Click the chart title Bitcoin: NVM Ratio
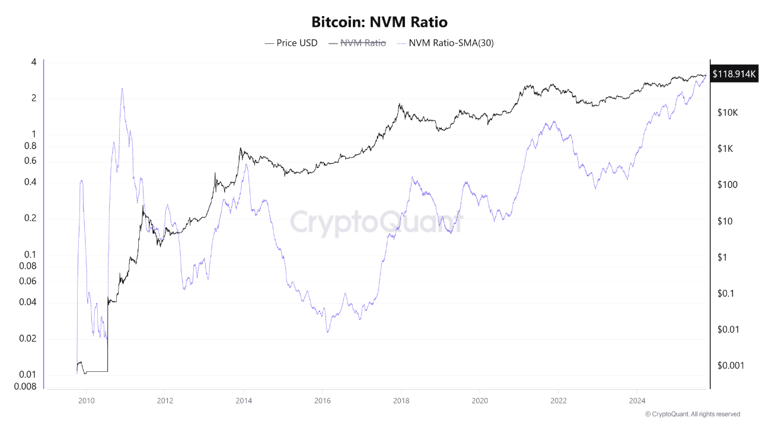tap(379, 23)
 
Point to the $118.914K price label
tap(734, 74)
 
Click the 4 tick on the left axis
tap(34, 62)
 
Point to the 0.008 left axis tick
tap(26, 387)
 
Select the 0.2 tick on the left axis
tap(30, 218)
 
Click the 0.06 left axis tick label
tap(28, 281)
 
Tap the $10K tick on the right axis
tap(728, 113)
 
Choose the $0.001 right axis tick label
tap(730, 365)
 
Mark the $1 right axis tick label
tap(722, 257)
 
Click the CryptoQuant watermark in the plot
tap(376, 223)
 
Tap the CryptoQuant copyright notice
tap(692, 414)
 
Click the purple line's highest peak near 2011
tap(122, 88)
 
